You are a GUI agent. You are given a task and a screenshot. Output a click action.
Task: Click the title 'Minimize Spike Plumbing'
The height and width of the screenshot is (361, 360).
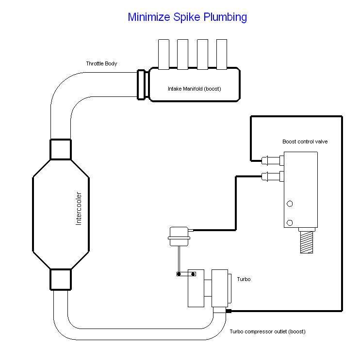pos(187,17)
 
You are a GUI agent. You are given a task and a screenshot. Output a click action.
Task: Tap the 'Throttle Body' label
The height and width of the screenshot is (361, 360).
pos(101,64)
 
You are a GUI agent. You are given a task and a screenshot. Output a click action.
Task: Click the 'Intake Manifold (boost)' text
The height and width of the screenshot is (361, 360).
pos(193,89)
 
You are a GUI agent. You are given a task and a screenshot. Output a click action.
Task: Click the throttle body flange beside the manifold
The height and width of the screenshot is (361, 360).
pos(142,84)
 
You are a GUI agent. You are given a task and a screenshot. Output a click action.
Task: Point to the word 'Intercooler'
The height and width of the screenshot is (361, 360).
pos(79,209)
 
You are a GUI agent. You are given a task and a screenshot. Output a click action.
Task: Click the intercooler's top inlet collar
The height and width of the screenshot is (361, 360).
pos(61,149)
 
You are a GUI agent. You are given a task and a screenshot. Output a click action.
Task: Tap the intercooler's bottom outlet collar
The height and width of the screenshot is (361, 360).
pos(61,280)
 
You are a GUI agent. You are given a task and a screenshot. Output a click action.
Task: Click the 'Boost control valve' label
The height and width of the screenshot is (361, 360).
pos(305,142)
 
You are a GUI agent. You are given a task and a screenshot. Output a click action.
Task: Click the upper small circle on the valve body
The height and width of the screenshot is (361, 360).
pos(290,204)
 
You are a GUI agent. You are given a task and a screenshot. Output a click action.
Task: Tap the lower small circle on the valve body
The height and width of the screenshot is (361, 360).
pos(290,222)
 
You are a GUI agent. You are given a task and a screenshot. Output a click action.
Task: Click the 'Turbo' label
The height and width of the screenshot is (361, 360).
pos(244,280)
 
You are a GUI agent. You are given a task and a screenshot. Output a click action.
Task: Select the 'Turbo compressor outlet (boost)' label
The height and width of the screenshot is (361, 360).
pos(267,332)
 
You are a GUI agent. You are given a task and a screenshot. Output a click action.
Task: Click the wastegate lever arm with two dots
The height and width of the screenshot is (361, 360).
pos(186,274)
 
